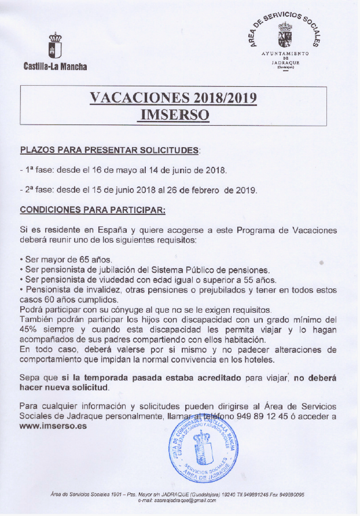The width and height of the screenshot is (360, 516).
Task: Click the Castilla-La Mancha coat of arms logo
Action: point(55,45)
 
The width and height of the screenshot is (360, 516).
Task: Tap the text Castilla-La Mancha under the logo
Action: point(55,66)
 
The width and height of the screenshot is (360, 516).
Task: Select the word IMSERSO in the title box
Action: point(174,114)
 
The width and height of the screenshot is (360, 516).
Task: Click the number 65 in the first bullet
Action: point(79,259)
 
